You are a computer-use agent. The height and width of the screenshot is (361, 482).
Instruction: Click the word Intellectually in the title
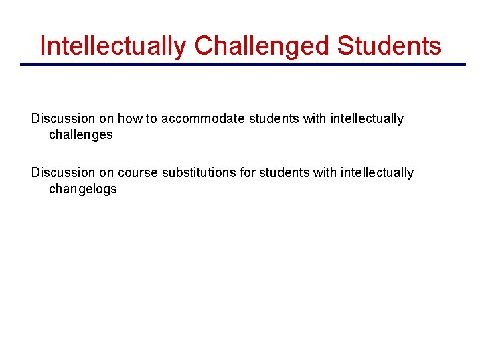pyautogui.click(x=113, y=46)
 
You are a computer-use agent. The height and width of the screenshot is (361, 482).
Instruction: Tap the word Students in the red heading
pyautogui.click(x=390, y=46)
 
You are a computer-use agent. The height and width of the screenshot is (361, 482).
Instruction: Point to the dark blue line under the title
pyautogui.click(x=242, y=64)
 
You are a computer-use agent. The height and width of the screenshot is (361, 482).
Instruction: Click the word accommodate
pyautogui.click(x=203, y=119)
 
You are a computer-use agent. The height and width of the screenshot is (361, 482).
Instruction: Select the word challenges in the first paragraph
pyautogui.click(x=81, y=135)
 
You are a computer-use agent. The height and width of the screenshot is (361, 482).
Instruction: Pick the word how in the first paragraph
pyautogui.click(x=131, y=119)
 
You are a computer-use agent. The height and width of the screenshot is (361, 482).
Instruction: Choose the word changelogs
pyautogui.click(x=83, y=189)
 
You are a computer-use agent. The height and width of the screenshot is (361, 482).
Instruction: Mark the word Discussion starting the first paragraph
pyautogui.click(x=64, y=119)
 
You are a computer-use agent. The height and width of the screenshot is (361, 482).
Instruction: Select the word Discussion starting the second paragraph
pyautogui.click(x=64, y=173)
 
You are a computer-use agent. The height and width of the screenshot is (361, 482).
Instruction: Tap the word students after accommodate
pyautogui.click(x=274, y=119)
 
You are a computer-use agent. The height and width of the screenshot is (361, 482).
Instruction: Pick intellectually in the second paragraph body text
pyautogui.click(x=377, y=173)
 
